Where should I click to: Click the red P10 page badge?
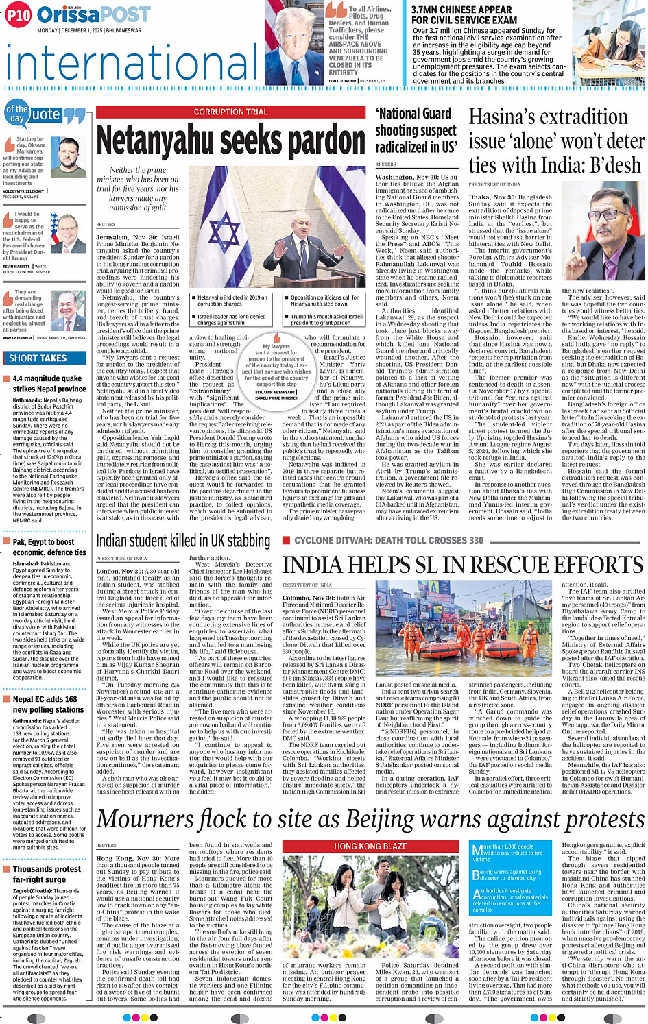(x=19, y=15)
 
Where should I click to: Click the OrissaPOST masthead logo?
(x=93, y=14)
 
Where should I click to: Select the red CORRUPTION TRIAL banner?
(x=230, y=112)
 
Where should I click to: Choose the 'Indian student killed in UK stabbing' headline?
(x=183, y=541)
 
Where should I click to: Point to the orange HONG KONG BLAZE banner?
(x=370, y=846)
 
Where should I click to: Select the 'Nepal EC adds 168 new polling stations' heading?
(x=48, y=705)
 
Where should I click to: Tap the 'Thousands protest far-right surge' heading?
(x=47, y=874)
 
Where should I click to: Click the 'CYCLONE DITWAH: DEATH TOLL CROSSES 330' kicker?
(x=388, y=541)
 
